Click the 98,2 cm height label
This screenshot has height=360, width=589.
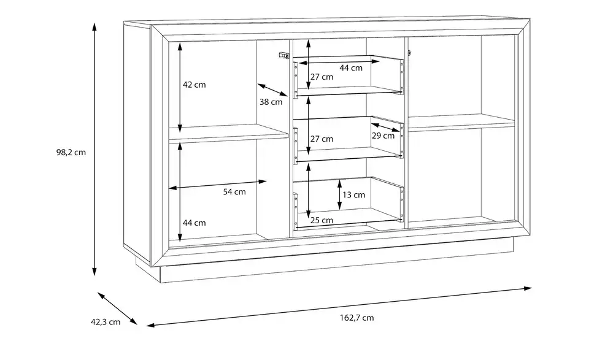pyautogui.click(x=71, y=153)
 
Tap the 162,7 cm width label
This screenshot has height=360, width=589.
pyautogui.click(x=357, y=318)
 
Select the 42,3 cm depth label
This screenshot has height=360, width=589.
pyautogui.click(x=106, y=322)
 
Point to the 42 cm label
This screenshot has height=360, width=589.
pyautogui.click(x=194, y=85)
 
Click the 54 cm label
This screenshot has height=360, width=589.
pyautogui.click(x=234, y=192)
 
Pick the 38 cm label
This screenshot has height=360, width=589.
pyautogui.click(x=271, y=102)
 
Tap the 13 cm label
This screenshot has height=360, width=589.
pyautogui.click(x=353, y=195)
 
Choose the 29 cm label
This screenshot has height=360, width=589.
pyautogui.click(x=383, y=136)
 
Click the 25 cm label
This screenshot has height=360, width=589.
pyautogui.click(x=321, y=220)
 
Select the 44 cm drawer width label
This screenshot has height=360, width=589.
pyautogui.click(x=351, y=68)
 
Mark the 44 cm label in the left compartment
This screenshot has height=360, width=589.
pyautogui.click(x=194, y=223)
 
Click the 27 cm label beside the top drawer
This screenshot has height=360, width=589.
pyautogui.click(x=321, y=77)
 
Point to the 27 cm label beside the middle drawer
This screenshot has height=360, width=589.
pyautogui.click(x=321, y=139)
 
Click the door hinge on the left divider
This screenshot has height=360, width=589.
pyautogui.click(x=283, y=56)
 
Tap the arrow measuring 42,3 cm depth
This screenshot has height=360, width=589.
pyautogui.click(x=118, y=308)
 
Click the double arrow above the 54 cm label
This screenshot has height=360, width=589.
pyautogui.click(x=218, y=185)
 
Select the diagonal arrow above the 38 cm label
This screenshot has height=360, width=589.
pyautogui.click(x=272, y=90)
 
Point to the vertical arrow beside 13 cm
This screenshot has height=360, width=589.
pyautogui.click(x=339, y=194)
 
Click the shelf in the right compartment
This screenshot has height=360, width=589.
pyautogui.click(x=461, y=122)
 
